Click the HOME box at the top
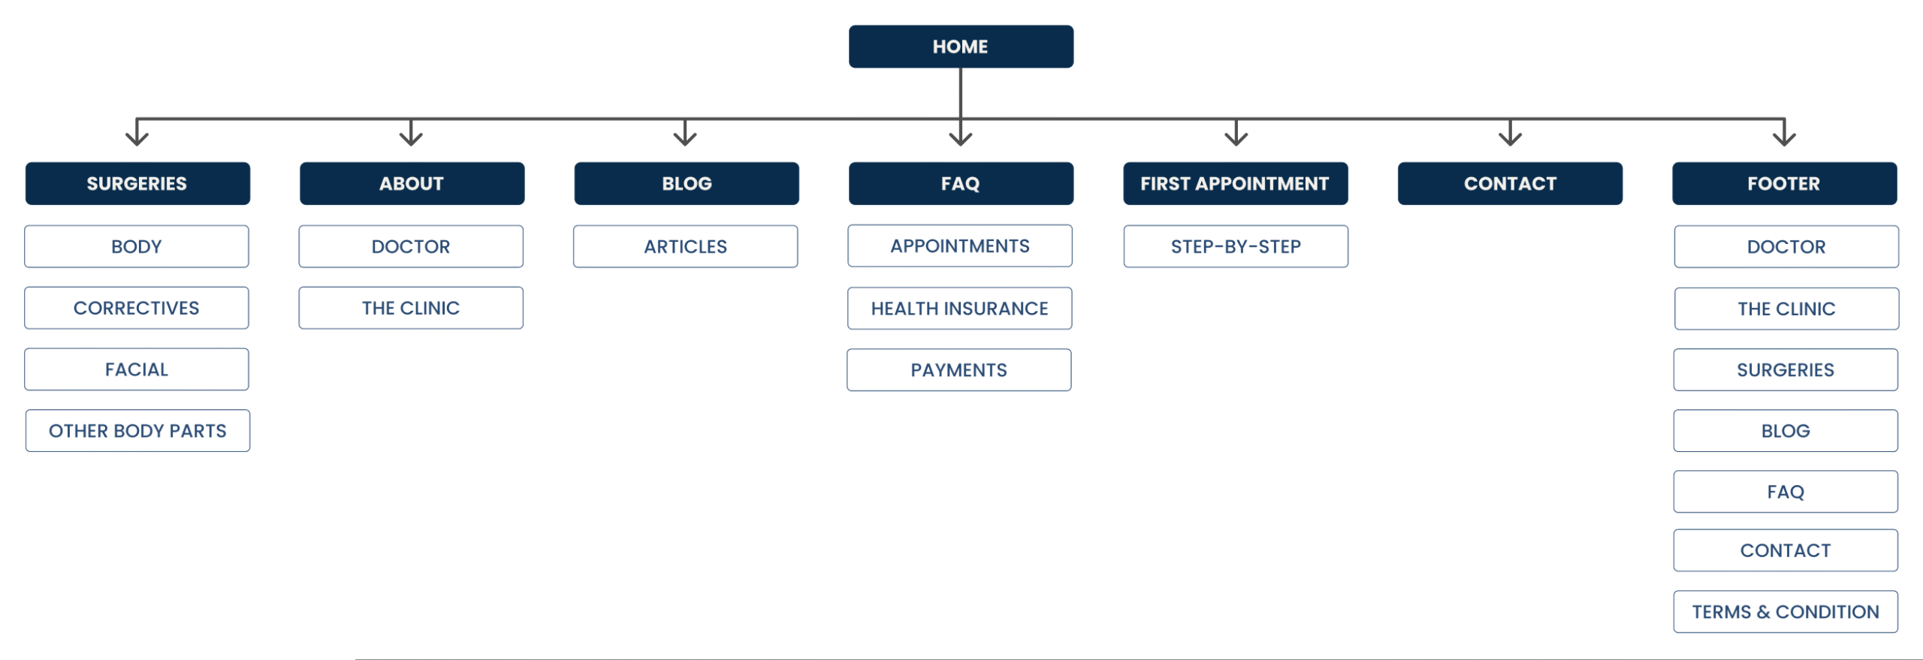(x=961, y=47)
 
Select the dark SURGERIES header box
(x=137, y=183)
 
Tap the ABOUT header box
(x=412, y=183)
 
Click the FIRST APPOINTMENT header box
(x=1235, y=183)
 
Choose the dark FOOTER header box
(x=1784, y=183)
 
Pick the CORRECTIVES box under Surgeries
(x=136, y=308)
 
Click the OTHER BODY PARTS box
(x=137, y=430)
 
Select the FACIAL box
(x=136, y=369)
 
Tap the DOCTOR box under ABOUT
(x=411, y=246)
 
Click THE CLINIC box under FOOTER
(x=1786, y=309)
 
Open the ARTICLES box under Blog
(x=685, y=246)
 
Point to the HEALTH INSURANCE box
(x=959, y=308)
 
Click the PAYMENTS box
(x=958, y=369)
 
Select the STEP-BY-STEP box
(x=1236, y=246)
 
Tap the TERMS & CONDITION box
(x=1786, y=612)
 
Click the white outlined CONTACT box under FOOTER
(x=1786, y=550)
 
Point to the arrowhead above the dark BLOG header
(x=685, y=137)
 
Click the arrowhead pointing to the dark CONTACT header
(x=1510, y=137)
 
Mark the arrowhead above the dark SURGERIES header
(x=137, y=137)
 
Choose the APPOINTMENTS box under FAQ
(x=959, y=246)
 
